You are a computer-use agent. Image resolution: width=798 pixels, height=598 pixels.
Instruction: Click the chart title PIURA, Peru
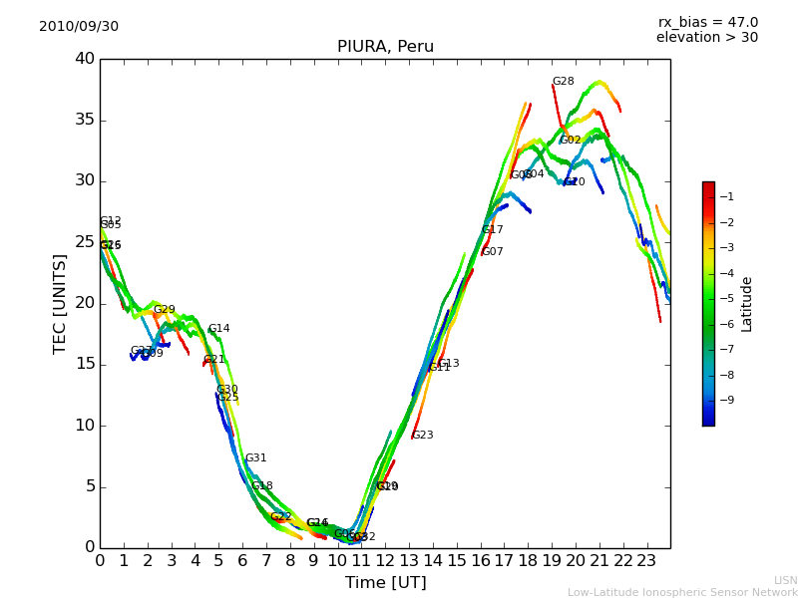[385, 47]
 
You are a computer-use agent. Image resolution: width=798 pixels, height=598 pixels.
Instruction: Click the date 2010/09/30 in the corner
[79, 27]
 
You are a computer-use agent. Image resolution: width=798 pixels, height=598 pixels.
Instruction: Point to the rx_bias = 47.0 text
[707, 23]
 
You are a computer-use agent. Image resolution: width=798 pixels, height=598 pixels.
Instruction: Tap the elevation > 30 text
[706, 38]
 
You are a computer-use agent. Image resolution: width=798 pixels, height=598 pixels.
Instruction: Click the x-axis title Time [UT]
[385, 583]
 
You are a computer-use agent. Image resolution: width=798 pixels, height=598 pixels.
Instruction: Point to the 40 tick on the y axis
[85, 59]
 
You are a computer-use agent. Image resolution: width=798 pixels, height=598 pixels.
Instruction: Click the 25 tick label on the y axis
[85, 242]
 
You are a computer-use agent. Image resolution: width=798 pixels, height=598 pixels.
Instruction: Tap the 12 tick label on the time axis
[385, 560]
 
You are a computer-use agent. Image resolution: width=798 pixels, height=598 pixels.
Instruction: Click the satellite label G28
[563, 82]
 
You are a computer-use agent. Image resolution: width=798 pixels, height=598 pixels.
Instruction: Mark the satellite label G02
[570, 141]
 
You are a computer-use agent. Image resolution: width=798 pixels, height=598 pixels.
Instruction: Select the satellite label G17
[492, 230]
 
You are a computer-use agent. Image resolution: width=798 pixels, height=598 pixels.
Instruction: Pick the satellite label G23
[422, 436]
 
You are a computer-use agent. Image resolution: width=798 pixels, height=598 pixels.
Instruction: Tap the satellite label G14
[218, 329]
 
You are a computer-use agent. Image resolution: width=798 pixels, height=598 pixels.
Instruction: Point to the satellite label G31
[255, 458]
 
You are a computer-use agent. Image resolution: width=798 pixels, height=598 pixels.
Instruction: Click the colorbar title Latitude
[747, 304]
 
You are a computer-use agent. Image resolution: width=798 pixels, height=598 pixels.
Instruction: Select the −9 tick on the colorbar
[726, 401]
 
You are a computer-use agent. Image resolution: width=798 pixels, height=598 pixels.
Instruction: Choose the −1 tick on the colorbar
[726, 197]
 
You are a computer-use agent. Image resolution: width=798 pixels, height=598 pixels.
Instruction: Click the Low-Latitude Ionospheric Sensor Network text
[682, 592]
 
